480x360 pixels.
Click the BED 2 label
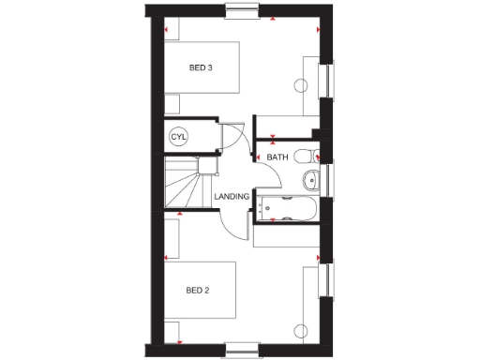(x=197, y=289)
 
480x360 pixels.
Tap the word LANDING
(x=231, y=197)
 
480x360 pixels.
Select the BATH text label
(x=277, y=157)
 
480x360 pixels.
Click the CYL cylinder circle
(x=178, y=137)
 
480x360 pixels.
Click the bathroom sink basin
(x=310, y=180)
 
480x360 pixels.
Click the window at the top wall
(x=242, y=11)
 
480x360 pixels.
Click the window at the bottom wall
(x=242, y=349)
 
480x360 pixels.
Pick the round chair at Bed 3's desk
(x=302, y=86)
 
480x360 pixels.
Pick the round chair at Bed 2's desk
(x=301, y=328)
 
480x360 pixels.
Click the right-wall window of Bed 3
(x=327, y=81)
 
